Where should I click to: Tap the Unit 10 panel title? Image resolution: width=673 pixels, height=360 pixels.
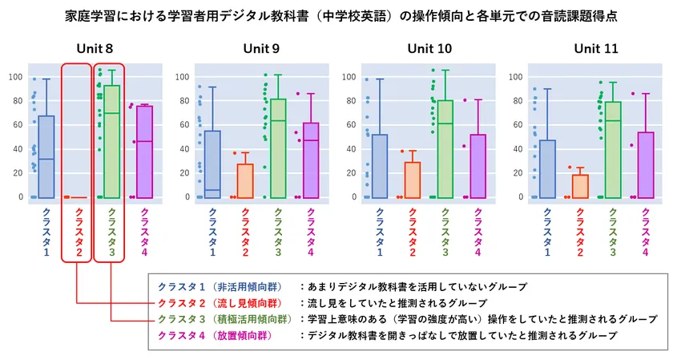tap(429, 49)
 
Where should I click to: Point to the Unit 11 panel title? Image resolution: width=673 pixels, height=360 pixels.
tap(595, 49)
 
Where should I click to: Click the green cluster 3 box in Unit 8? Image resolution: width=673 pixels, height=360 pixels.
tap(111, 140)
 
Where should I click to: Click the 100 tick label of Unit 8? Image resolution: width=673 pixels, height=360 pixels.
tap(15, 77)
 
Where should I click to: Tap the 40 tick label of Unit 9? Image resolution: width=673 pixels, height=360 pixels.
tap(183, 149)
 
